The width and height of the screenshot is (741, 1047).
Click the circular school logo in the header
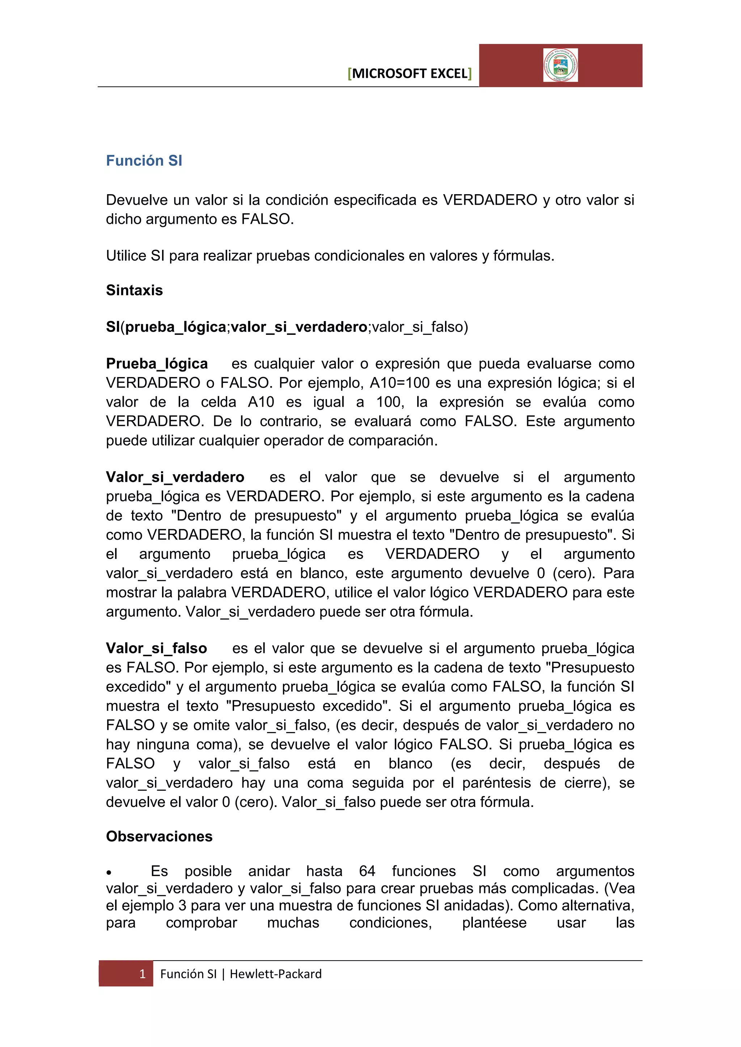tap(560, 65)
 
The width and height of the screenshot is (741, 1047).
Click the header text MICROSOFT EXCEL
tap(409, 73)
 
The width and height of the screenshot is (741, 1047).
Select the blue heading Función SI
tap(144, 161)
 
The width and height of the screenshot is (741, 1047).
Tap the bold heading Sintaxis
tap(134, 290)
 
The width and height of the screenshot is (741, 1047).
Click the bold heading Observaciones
tap(159, 836)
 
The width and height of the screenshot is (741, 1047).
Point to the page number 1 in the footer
tap(142, 974)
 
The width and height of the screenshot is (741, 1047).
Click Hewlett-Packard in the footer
tap(276, 974)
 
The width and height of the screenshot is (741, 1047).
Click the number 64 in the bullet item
tap(367, 871)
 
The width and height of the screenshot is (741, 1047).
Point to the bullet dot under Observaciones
tap(109, 873)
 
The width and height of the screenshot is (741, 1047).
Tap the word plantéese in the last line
tap(494, 923)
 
